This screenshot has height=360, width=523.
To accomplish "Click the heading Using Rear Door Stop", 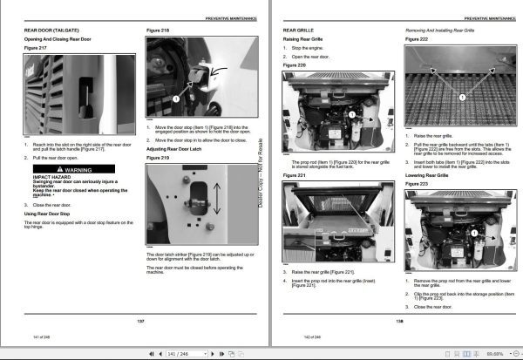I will pos(48,214).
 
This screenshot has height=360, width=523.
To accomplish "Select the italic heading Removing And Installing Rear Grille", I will pos(448,31).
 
